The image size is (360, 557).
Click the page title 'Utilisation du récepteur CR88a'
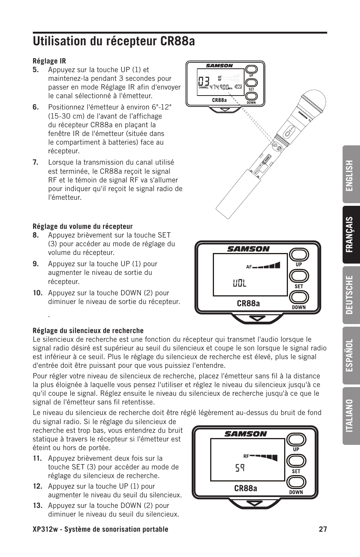pyautogui.click(x=114, y=41)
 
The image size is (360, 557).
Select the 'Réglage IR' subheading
pyautogui.click(x=49, y=61)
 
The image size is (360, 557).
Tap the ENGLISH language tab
pyautogui.click(x=351, y=175)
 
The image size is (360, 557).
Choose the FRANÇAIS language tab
pyautogui.click(x=351, y=234)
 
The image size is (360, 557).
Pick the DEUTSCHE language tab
pyautogui.click(x=351, y=295)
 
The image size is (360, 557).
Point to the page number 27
pyautogui.click(x=322, y=529)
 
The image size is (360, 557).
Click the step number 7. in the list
pyautogui.click(x=35, y=162)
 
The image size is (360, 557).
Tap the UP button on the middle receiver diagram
pyautogui.click(x=298, y=255)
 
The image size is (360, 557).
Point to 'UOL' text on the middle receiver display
pyautogui.click(x=240, y=283)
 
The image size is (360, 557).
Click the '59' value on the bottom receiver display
pyautogui.click(x=240, y=468)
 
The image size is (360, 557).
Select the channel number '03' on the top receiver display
pyautogui.click(x=203, y=81)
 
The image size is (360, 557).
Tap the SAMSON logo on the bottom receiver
pyautogui.click(x=245, y=434)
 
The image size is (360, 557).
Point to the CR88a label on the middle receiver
pyautogui.click(x=248, y=303)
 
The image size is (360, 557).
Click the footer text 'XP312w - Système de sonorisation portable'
pyautogui.click(x=100, y=529)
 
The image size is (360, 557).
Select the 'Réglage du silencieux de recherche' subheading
pyautogui.click(x=88, y=331)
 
